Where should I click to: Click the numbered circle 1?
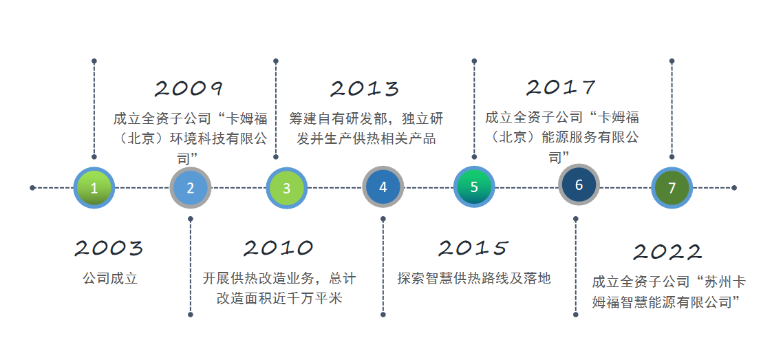[94, 188]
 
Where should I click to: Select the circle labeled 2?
[191, 188]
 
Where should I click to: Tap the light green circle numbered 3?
[286, 188]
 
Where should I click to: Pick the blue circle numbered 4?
[383, 187]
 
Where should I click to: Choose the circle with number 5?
[474, 187]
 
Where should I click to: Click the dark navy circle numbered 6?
[579, 184]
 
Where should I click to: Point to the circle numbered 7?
[672, 188]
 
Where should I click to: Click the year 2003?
[109, 248]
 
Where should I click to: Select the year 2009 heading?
[189, 89]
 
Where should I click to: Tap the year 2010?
[279, 248]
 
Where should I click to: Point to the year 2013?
[365, 89]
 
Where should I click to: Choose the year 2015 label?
[473, 248]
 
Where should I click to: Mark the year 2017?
[561, 87]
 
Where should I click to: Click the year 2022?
[667, 252]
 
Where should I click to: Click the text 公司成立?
[110, 279]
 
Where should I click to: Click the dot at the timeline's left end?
[32, 188]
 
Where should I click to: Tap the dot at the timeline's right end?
[734, 188]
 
